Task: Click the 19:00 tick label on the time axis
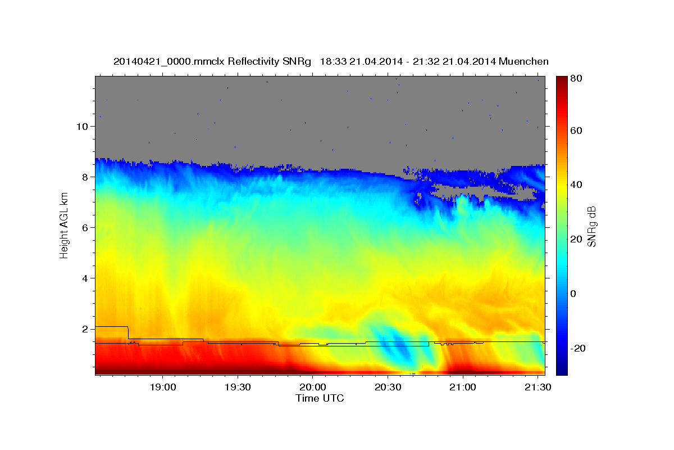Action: click(163, 387)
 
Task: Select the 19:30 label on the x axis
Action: click(238, 387)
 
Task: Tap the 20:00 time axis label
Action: click(313, 387)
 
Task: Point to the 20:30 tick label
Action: click(388, 387)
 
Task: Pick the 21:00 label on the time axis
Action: click(463, 387)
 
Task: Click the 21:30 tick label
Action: click(538, 387)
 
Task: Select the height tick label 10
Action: click(82, 127)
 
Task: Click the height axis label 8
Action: click(85, 177)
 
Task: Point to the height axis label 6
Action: click(85, 228)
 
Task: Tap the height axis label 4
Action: click(85, 278)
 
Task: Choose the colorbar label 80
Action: click(576, 78)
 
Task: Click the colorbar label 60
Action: click(576, 130)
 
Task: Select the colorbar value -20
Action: click(578, 348)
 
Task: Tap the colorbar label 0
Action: click(573, 294)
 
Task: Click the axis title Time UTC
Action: click(320, 398)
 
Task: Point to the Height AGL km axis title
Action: click(64, 226)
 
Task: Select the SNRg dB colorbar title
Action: click(591, 227)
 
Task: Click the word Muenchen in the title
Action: click(523, 61)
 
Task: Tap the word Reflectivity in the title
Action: click(254, 61)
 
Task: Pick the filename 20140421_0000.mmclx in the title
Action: click(169, 62)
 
